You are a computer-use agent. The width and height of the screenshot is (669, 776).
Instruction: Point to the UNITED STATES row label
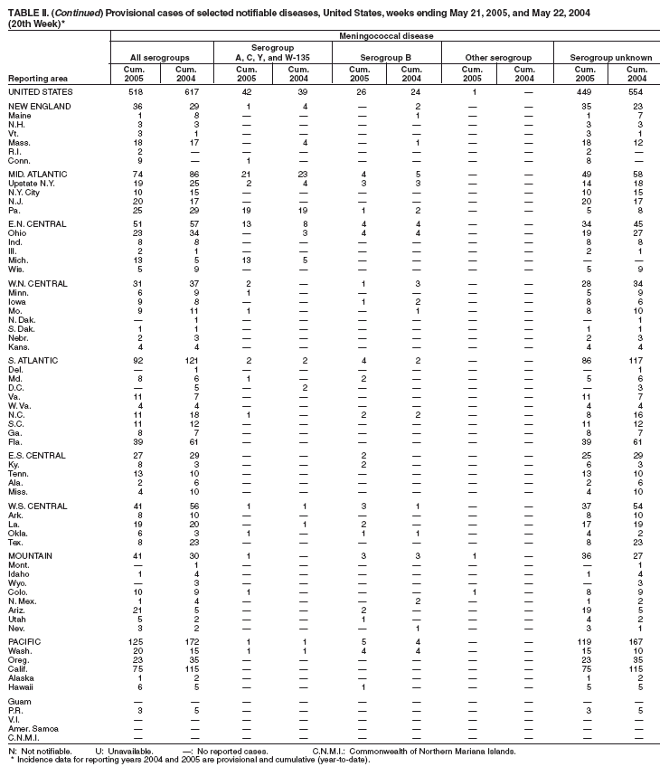click(x=42, y=92)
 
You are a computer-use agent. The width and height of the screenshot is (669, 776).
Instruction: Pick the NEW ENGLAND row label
click(x=39, y=109)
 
